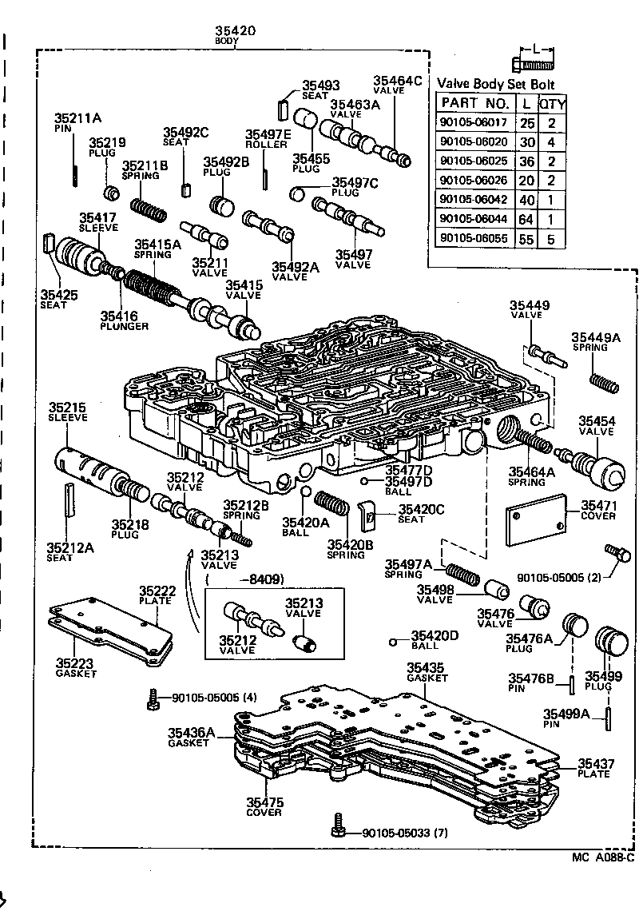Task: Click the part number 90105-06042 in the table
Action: (x=474, y=201)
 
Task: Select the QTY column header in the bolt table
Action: (x=551, y=103)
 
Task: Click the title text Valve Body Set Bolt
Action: (x=495, y=84)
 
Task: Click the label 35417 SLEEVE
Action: (x=97, y=221)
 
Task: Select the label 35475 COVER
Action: (x=264, y=806)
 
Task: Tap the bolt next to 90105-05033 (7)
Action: (x=339, y=825)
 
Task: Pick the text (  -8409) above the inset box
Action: (x=248, y=579)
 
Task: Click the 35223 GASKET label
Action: (x=76, y=667)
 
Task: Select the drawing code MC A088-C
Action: (x=602, y=858)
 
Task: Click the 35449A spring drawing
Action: (x=605, y=383)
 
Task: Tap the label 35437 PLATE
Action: (x=596, y=769)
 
